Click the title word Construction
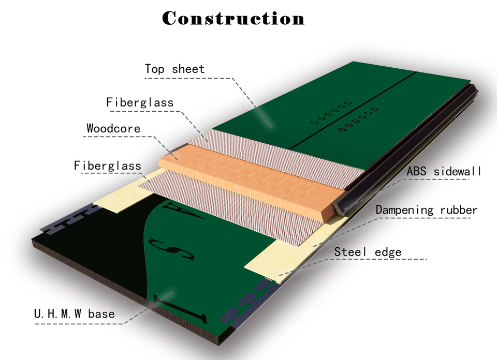[x=233, y=18]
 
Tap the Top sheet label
[x=174, y=69]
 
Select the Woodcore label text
[x=113, y=128]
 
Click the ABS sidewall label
[x=444, y=171]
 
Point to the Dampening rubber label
[x=427, y=209]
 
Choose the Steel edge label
[x=368, y=252]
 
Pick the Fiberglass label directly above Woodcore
[x=140, y=102]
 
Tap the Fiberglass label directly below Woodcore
[x=108, y=166]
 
